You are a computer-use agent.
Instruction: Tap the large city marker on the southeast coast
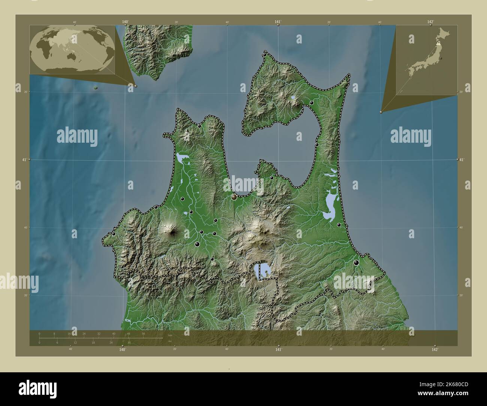(356, 263)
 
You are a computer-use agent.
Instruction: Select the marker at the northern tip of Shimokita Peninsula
(265, 55)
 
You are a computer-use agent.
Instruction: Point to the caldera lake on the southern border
(263, 270)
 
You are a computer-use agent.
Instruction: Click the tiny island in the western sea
(96, 88)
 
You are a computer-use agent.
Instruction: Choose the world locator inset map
(72, 49)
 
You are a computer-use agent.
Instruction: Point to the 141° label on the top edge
(278, 22)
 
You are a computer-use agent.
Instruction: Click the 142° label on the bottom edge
(435, 350)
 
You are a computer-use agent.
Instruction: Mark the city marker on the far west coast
(114, 234)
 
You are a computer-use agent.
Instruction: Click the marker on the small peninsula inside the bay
(272, 178)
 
